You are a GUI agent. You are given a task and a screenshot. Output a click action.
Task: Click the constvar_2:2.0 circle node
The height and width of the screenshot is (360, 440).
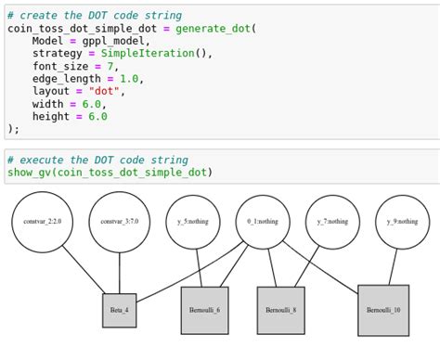(x=42, y=222)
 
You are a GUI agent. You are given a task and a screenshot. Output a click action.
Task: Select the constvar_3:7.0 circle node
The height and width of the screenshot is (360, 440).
(x=119, y=222)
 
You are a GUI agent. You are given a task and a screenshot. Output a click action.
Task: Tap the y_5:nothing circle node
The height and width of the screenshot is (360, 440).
(x=193, y=222)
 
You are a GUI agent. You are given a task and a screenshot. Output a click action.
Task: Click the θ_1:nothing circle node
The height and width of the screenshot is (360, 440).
(x=263, y=222)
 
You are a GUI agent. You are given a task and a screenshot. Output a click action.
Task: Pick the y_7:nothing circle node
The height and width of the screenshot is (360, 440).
(x=332, y=222)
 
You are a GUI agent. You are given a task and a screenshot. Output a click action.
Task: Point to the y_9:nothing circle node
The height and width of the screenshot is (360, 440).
(x=402, y=222)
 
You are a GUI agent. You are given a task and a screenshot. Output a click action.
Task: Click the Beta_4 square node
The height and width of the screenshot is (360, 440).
(x=119, y=311)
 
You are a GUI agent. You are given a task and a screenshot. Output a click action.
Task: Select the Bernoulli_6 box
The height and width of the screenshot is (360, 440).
(x=204, y=311)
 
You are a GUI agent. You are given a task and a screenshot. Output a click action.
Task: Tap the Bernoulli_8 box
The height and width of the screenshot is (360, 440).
(x=280, y=311)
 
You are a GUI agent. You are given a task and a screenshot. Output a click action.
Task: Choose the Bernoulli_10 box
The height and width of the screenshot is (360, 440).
(x=383, y=311)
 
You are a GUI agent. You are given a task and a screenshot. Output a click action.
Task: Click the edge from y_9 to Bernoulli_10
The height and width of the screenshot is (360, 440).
(x=394, y=267)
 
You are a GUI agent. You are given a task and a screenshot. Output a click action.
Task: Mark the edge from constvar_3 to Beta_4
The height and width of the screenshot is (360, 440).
(x=119, y=274)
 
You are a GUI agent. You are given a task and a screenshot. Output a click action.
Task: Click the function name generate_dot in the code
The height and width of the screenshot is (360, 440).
(x=214, y=28)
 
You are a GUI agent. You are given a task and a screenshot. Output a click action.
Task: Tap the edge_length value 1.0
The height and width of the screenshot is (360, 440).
(x=128, y=79)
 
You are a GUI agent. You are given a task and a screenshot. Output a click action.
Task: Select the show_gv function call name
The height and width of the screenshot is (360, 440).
(x=29, y=173)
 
